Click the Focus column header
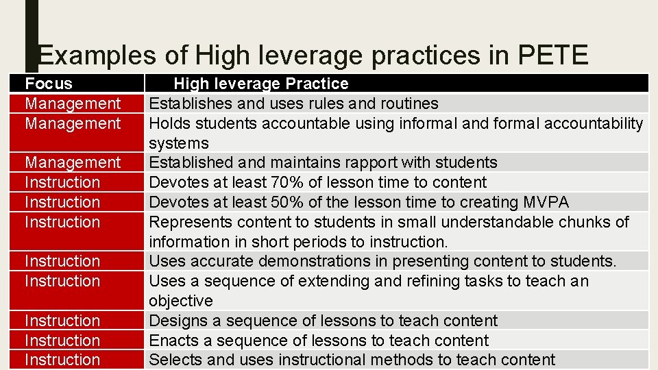(x=48, y=84)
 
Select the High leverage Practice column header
(x=260, y=84)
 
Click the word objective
(x=181, y=301)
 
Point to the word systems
(x=179, y=143)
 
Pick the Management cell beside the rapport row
(x=73, y=162)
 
